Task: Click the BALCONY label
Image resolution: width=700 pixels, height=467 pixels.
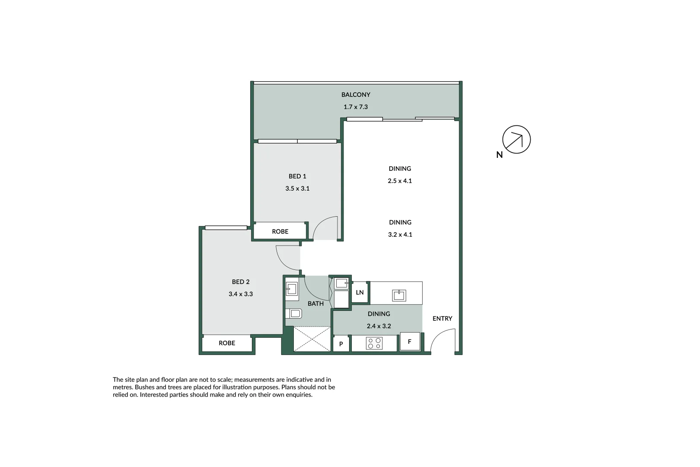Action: [x=356, y=95]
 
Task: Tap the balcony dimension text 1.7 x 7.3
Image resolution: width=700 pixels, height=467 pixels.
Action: [x=356, y=107]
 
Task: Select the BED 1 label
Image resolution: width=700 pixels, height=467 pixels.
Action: [x=297, y=176]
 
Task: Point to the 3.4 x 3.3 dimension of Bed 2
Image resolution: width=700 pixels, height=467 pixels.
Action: [x=241, y=294]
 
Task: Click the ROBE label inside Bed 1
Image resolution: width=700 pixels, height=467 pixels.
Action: [x=280, y=232]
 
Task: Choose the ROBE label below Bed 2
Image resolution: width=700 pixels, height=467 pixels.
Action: [x=227, y=343]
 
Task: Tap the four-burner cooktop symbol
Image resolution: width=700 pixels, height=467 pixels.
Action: [x=374, y=343]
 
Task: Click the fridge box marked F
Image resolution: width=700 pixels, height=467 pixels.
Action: [x=410, y=342]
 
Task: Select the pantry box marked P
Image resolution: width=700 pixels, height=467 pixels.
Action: [x=341, y=344]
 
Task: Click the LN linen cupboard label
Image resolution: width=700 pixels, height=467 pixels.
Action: [x=360, y=293]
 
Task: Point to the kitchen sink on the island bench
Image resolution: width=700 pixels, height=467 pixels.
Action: [x=399, y=295]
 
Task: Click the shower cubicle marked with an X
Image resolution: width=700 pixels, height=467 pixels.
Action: [x=312, y=339]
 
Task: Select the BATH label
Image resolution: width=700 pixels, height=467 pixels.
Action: [x=315, y=304]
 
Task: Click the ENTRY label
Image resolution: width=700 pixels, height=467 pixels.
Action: [x=442, y=319]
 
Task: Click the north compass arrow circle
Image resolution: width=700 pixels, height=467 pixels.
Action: [x=516, y=140]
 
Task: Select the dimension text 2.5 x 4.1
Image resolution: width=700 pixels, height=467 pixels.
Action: [x=400, y=181]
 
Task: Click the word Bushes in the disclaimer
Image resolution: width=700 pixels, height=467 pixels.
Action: [x=145, y=387]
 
